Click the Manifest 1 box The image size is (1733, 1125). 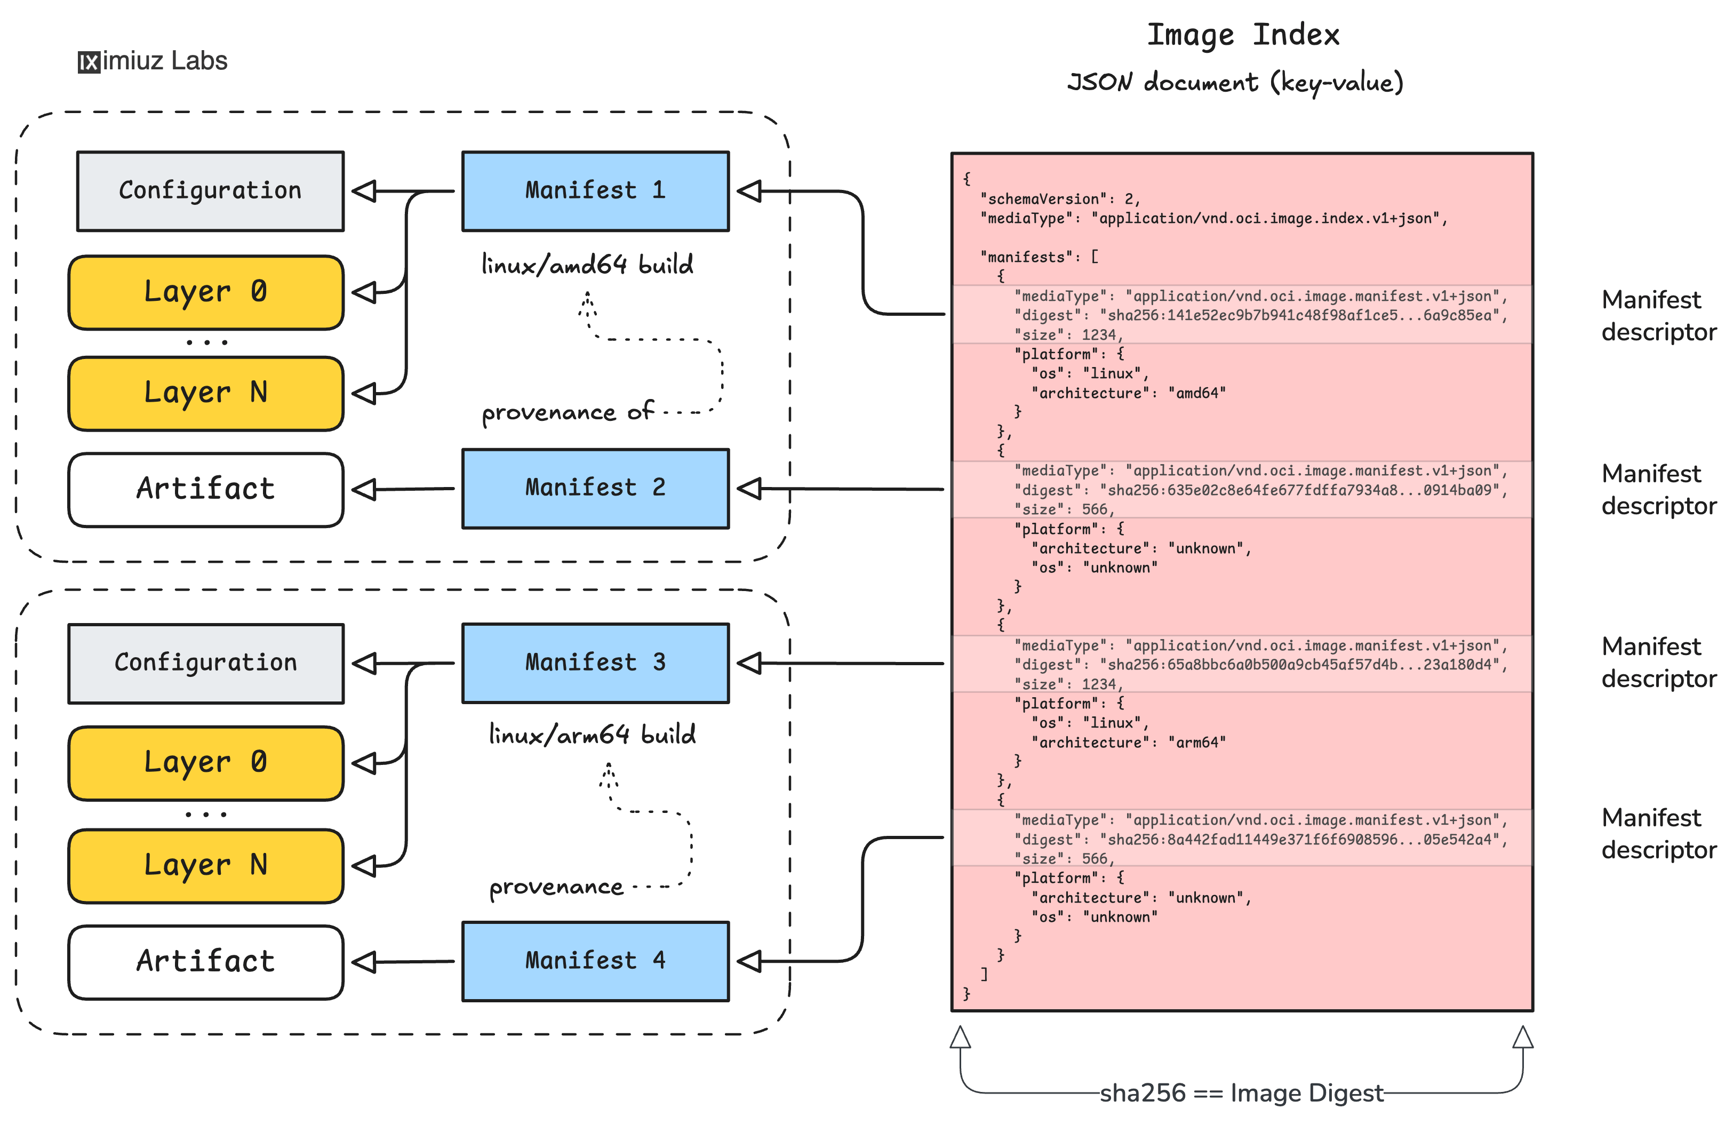[x=595, y=191]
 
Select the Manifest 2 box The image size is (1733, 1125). [x=595, y=488]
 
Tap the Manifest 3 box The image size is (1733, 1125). [x=595, y=663]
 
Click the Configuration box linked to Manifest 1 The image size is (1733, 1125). [x=210, y=191]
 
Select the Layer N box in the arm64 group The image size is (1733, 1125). [x=205, y=865]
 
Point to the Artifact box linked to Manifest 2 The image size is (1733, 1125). [x=205, y=489]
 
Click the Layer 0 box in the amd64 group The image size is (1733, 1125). [x=205, y=292]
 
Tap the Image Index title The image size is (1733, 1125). [x=1242, y=35]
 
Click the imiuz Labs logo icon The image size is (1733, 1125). [x=89, y=62]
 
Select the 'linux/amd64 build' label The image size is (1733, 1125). [x=587, y=265]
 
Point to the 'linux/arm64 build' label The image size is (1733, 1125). [x=592, y=735]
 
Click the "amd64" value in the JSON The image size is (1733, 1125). [x=1196, y=393]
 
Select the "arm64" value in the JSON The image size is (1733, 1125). [x=1196, y=743]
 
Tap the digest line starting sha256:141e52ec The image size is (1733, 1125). [x=1260, y=315]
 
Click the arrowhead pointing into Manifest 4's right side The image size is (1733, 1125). [x=749, y=961]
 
